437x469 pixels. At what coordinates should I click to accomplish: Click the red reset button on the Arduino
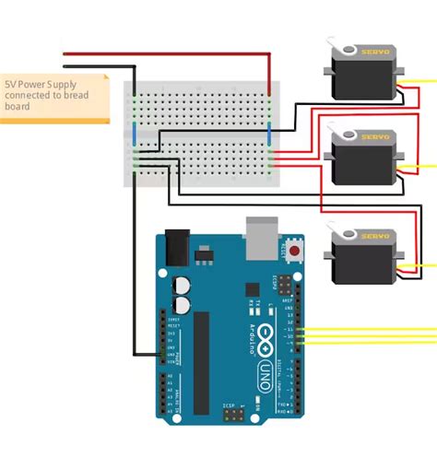pyautogui.click(x=295, y=250)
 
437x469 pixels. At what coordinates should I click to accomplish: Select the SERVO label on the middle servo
pyautogui.click(x=375, y=137)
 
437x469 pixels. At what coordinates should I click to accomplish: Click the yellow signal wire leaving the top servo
pyautogui.click(x=419, y=82)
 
